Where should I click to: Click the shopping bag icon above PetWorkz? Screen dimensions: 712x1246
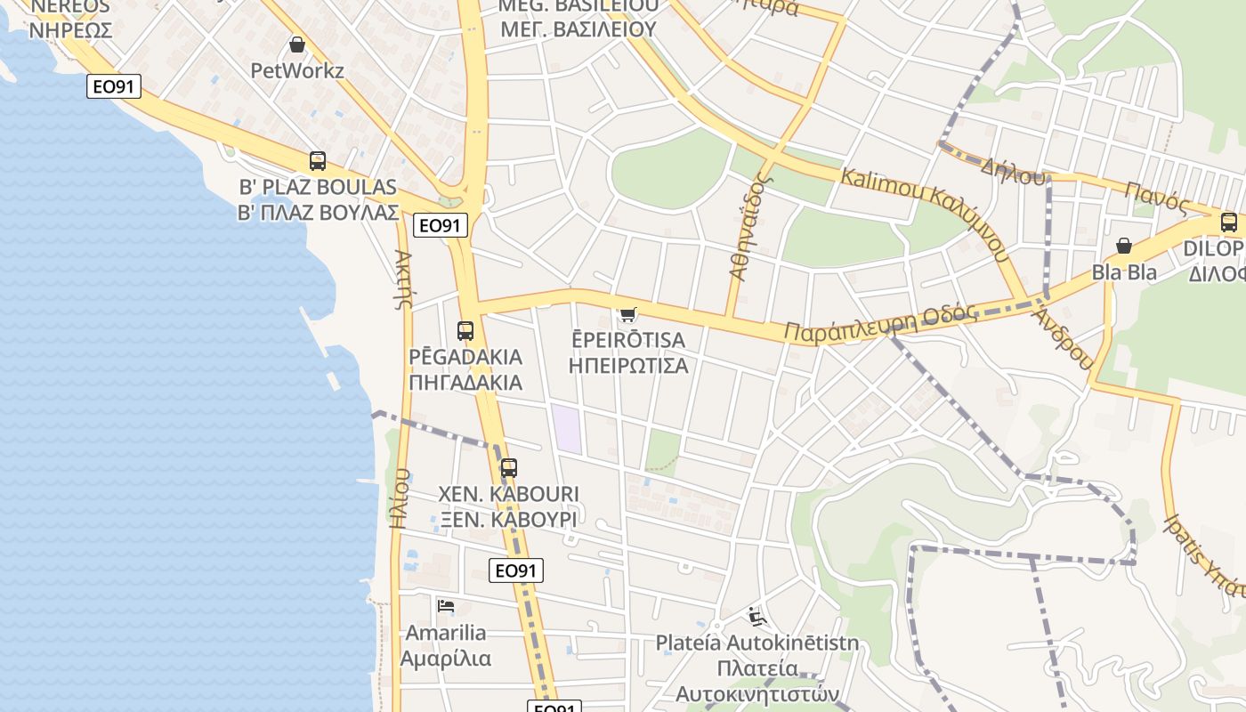tap(297, 44)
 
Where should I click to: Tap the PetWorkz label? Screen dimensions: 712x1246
tap(297, 70)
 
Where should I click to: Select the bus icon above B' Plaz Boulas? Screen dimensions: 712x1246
tap(318, 161)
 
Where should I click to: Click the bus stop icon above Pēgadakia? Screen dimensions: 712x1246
tap(465, 331)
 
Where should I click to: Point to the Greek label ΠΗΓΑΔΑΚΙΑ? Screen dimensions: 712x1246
tap(465, 383)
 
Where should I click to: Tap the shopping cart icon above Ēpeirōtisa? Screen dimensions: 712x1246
tap(628, 314)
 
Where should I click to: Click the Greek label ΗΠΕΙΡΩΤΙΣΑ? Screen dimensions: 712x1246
tap(628, 365)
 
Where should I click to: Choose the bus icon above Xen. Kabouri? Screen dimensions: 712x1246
tap(508, 468)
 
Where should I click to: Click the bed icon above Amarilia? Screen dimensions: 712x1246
tap(446, 606)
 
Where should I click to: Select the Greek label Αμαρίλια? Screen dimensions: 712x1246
tap(446, 659)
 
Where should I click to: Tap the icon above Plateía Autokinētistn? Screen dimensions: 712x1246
tap(757, 616)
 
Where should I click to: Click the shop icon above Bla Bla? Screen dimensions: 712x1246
tap(1124, 246)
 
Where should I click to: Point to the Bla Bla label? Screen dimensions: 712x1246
tap(1125, 271)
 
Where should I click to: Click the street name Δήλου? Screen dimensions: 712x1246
tap(1012, 171)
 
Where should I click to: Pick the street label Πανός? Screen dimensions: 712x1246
tap(1156, 197)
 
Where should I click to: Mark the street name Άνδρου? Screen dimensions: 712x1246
tap(1063, 337)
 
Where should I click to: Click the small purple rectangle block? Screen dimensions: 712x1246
tap(566, 428)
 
